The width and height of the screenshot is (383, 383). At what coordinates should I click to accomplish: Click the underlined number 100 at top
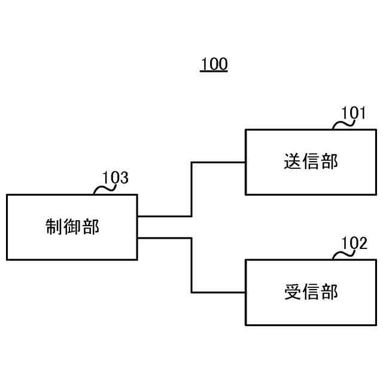(214, 64)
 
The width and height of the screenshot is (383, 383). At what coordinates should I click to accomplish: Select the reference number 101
(353, 113)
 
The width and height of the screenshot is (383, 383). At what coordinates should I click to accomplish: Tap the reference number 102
(354, 243)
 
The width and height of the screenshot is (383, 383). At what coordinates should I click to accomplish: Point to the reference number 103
(115, 178)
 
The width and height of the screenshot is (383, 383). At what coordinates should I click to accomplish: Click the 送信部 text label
(311, 162)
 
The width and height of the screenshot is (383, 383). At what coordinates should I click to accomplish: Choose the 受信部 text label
(311, 292)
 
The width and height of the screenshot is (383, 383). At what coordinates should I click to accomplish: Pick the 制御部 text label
(72, 227)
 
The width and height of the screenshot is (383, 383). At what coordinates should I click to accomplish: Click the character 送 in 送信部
(293, 162)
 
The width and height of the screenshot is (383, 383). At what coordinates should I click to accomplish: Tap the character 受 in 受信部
(293, 292)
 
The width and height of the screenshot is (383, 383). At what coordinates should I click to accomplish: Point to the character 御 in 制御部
(72, 227)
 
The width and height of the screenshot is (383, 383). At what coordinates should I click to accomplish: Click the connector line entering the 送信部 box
(218, 162)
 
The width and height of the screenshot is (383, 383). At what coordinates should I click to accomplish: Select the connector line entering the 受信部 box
(218, 293)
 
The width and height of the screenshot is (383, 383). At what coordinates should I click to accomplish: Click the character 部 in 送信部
(329, 162)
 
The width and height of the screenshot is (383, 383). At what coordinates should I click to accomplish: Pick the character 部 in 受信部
(329, 292)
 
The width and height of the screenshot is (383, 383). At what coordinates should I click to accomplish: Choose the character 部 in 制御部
(90, 227)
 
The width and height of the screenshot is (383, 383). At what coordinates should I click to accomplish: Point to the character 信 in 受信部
(311, 292)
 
